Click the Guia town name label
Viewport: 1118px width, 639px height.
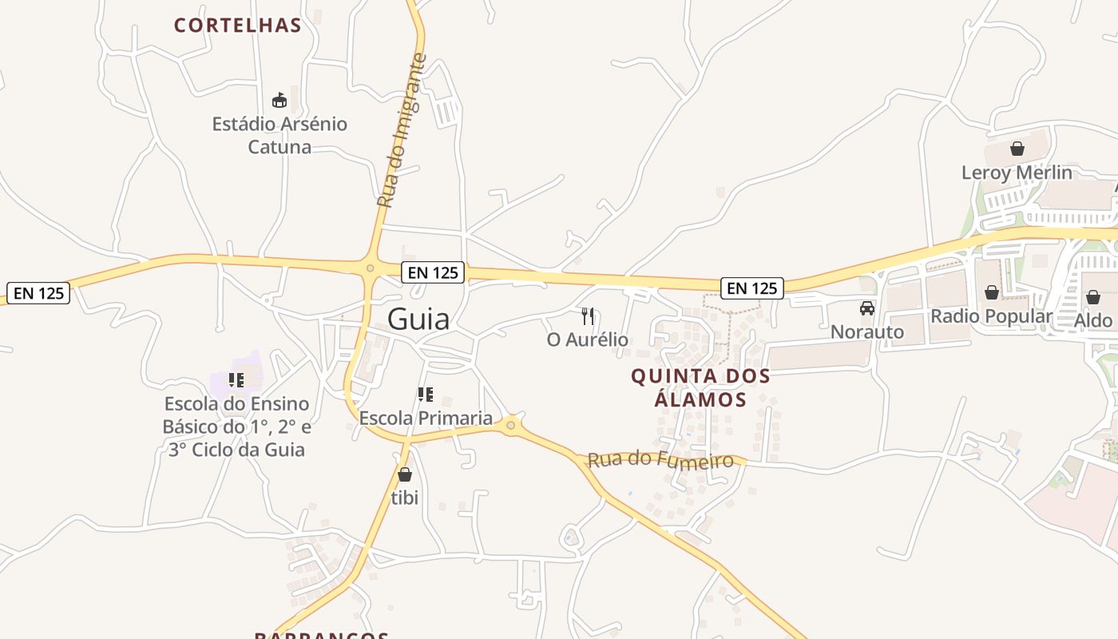click(x=418, y=319)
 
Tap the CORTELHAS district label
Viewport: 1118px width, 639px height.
click(x=238, y=26)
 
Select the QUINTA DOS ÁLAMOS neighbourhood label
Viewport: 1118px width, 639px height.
click(x=700, y=387)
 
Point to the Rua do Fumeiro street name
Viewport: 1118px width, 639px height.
click(x=660, y=459)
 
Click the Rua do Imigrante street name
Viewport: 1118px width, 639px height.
click(x=402, y=131)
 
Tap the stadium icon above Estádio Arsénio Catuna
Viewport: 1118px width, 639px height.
click(x=279, y=101)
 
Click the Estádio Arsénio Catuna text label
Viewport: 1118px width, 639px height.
click(x=279, y=135)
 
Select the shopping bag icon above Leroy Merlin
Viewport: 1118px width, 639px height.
click(x=1017, y=149)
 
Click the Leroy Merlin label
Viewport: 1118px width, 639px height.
click(x=1017, y=173)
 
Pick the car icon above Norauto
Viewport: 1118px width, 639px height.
click(x=867, y=308)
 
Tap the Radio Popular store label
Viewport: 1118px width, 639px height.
click(x=991, y=316)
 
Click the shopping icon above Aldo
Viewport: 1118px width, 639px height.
click(x=1093, y=297)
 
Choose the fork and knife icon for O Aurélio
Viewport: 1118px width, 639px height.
click(x=588, y=316)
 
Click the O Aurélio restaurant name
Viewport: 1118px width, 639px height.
click(x=588, y=340)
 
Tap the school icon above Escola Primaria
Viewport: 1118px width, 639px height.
click(x=426, y=394)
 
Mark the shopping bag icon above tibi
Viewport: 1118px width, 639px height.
click(x=405, y=474)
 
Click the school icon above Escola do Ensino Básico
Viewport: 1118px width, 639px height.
click(x=236, y=379)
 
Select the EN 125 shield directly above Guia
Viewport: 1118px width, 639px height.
click(x=433, y=272)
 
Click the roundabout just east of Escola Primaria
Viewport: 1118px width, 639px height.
click(x=511, y=426)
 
